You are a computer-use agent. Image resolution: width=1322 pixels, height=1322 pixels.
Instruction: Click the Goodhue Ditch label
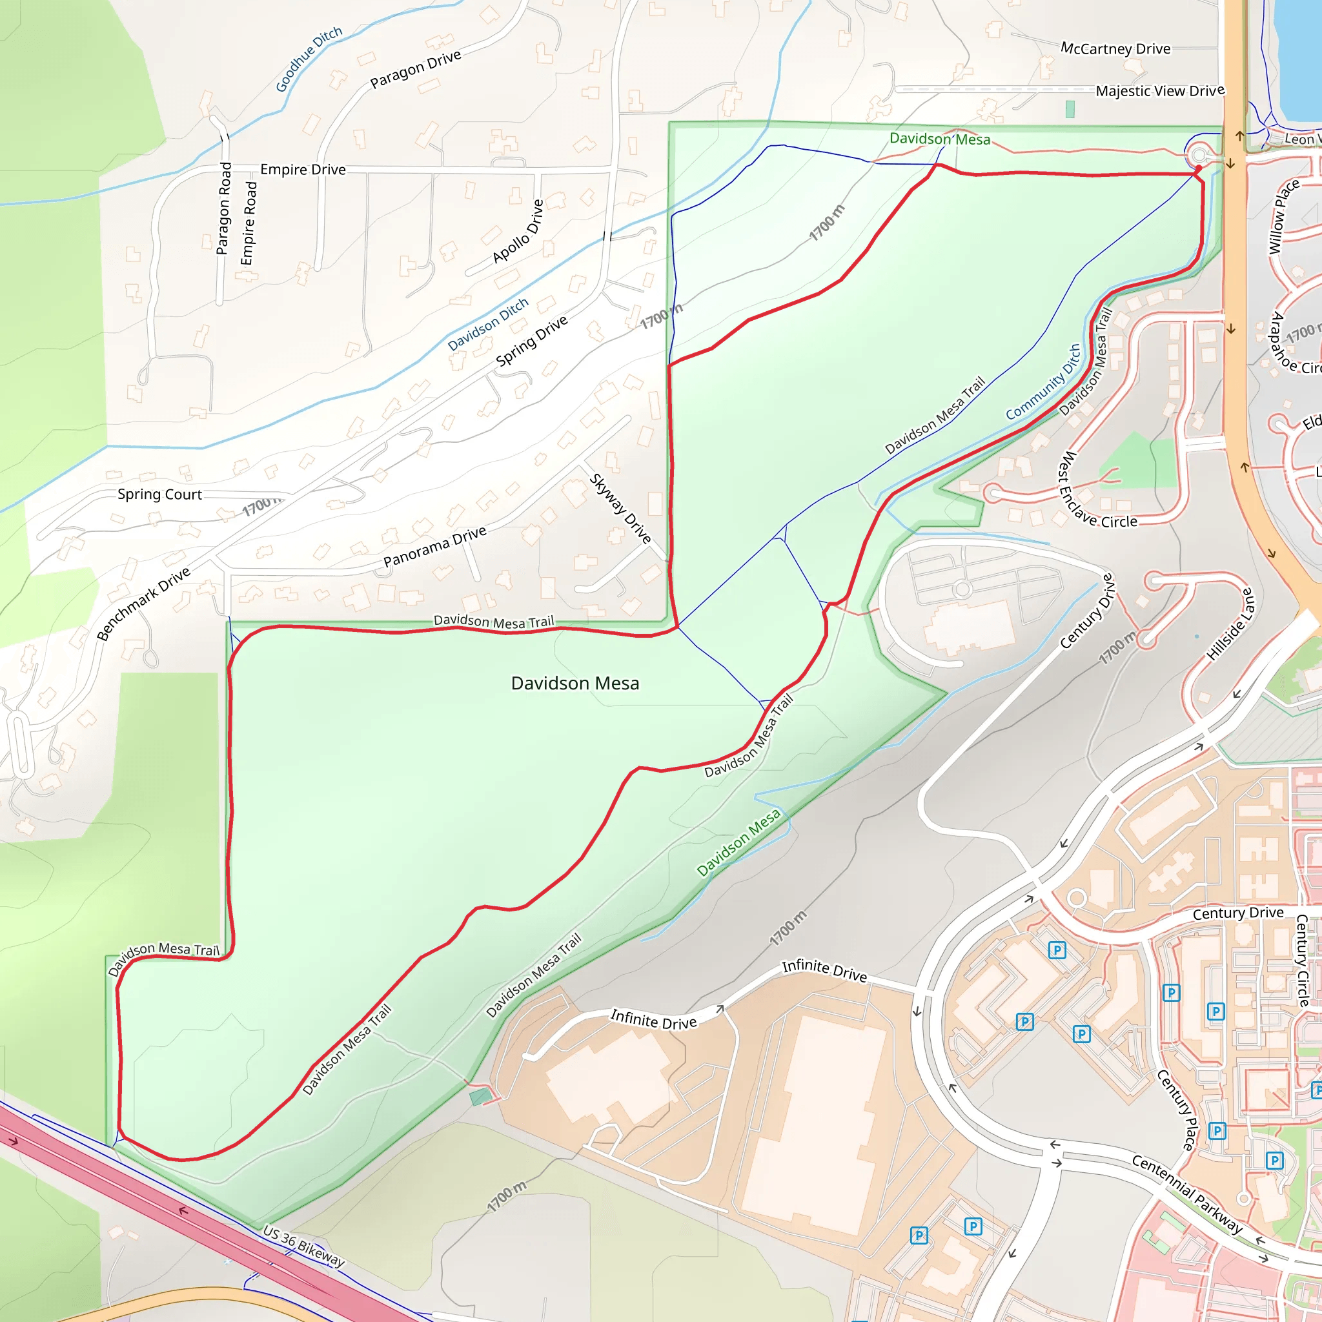tap(309, 59)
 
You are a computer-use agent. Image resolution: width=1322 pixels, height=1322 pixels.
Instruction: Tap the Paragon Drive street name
tap(415, 69)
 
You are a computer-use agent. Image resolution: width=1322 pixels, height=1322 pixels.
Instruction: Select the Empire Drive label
tap(303, 170)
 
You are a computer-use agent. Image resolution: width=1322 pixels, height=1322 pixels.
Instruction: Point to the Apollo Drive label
tap(518, 231)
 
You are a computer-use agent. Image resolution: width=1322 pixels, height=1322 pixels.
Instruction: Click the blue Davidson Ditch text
tap(488, 324)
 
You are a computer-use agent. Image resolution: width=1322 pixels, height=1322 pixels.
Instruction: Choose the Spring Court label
tap(159, 494)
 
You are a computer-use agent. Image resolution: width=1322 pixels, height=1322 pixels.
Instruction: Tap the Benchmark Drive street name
tap(143, 604)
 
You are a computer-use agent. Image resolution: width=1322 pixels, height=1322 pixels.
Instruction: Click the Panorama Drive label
tap(434, 546)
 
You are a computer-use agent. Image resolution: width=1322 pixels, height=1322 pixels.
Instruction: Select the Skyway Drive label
tap(620, 509)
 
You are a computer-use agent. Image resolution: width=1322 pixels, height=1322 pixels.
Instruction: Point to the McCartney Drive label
tap(1115, 48)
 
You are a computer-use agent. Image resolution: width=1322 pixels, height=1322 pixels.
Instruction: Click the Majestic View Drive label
tap(1160, 91)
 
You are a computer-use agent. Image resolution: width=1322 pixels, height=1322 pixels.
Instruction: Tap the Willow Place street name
tap(1284, 217)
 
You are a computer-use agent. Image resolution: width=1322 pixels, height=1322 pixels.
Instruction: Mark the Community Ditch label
tap(1044, 382)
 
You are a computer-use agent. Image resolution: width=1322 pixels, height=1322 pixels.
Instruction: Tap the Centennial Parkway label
tap(1187, 1194)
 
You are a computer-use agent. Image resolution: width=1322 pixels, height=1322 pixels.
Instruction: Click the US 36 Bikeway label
tap(304, 1245)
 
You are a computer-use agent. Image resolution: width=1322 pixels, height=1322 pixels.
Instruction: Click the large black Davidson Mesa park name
tap(575, 683)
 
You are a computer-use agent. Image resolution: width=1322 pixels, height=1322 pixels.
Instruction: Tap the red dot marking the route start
tap(1198, 168)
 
